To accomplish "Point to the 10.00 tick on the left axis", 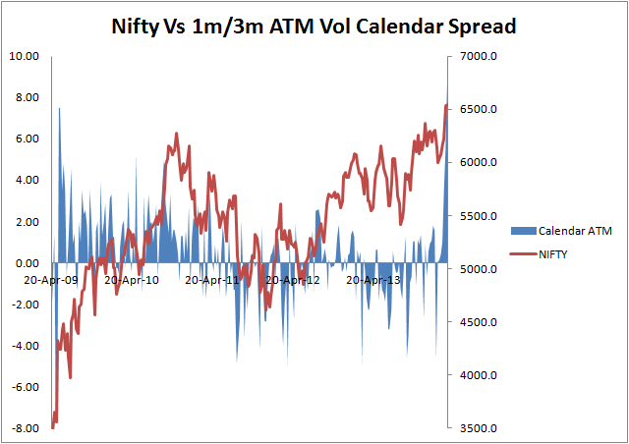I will pyautogui.click(x=25, y=56).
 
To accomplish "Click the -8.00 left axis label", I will pyautogui.click(x=25, y=428).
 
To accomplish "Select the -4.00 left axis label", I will pyautogui.click(x=25, y=346).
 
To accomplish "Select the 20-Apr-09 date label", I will pyautogui.click(x=53, y=280).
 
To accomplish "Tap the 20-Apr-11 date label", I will pyautogui.click(x=211, y=280).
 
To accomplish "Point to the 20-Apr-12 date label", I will pyautogui.click(x=291, y=280).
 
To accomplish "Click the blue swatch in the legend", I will pyautogui.click(x=518, y=231).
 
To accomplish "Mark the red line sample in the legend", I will pyautogui.click(x=518, y=254).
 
